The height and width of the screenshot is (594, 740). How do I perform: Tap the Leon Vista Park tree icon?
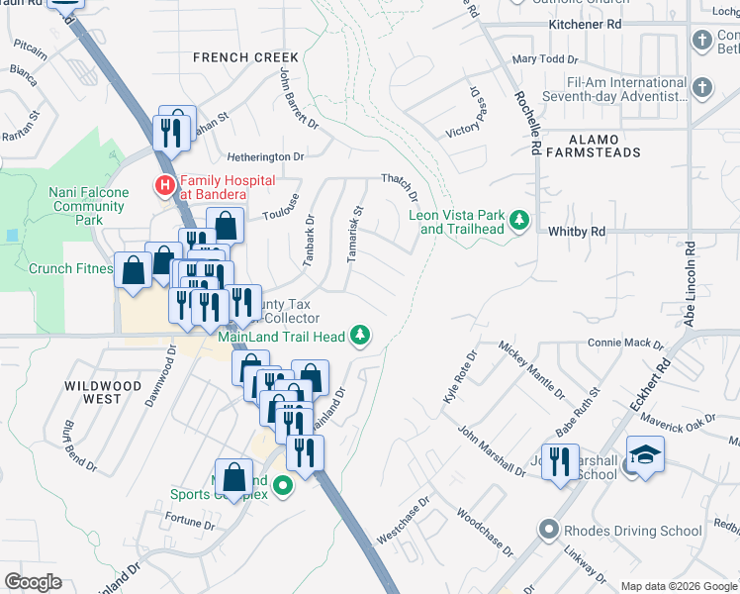[x=518, y=219]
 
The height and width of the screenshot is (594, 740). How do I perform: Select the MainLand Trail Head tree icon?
[x=362, y=336]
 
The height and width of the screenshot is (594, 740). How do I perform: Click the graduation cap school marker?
[x=645, y=455]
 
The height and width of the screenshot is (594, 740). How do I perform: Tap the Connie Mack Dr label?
[x=625, y=344]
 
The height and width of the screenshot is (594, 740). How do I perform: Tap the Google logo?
[x=34, y=582]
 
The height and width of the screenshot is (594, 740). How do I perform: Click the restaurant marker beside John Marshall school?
[x=560, y=462]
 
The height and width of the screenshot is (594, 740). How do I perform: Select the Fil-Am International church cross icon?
[x=702, y=86]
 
